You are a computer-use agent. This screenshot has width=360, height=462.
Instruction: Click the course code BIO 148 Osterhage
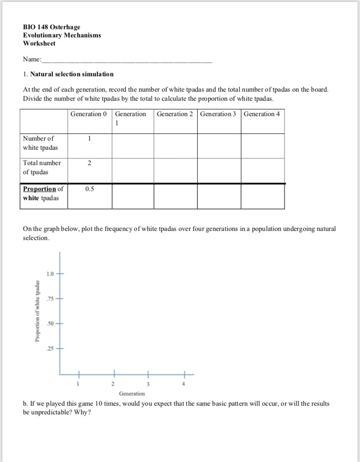click(x=51, y=27)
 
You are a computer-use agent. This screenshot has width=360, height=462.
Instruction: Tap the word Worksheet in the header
click(x=39, y=43)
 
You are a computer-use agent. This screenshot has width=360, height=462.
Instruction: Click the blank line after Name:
click(x=127, y=61)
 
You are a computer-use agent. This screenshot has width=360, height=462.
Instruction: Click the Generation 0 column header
click(x=89, y=114)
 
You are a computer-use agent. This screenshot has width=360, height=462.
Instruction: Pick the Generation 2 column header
click(x=175, y=114)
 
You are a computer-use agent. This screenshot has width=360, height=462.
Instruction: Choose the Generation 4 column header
click(x=262, y=114)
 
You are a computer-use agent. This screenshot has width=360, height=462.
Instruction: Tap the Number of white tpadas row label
click(x=38, y=143)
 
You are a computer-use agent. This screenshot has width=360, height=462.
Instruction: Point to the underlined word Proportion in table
click(x=39, y=189)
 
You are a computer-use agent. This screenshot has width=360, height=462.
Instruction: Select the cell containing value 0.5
click(x=89, y=189)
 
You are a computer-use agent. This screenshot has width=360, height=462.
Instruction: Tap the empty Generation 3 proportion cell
click(x=219, y=196)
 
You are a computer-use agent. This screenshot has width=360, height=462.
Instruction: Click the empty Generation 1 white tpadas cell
click(x=132, y=145)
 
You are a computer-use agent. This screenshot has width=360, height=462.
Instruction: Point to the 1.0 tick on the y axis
click(x=51, y=274)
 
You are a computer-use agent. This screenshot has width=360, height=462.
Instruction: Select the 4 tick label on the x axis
click(x=184, y=384)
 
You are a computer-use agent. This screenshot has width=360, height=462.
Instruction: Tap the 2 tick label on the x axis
click(x=112, y=384)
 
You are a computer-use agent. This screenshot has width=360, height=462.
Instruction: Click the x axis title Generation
click(x=132, y=393)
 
